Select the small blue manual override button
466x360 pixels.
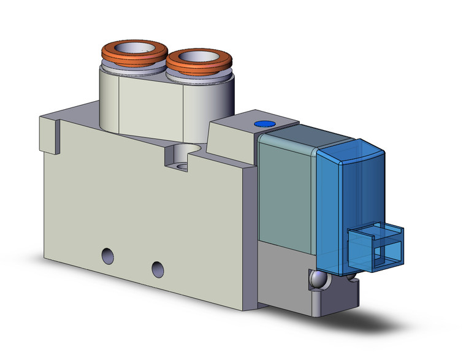[264, 124]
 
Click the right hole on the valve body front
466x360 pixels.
[158, 268]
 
